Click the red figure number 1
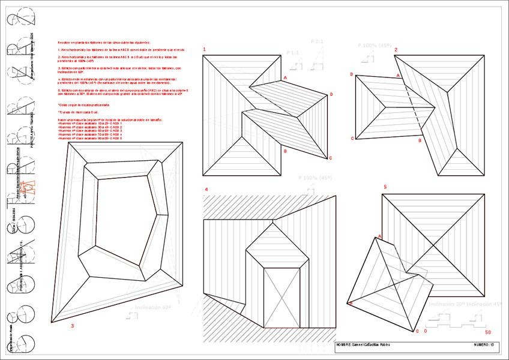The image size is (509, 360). tap(204, 49)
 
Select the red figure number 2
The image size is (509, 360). tap(396, 49)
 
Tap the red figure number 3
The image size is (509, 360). tap(72, 326)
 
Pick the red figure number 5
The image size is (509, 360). tap(385, 187)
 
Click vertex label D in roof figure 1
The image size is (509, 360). tap(331, 95)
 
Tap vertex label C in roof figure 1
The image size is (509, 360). tap(330, 158)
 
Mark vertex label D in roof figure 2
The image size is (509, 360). tap(351, 74)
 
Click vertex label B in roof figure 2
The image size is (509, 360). tap(420, 140)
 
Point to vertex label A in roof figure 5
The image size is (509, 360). tap(378, 237)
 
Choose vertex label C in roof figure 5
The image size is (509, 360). tap(417, 331)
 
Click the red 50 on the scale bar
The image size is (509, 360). tap(488, 331)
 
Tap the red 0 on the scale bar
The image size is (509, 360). tap(426, 331)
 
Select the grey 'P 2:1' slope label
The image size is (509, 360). tap(318, 41)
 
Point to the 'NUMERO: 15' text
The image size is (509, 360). tap(484, 345)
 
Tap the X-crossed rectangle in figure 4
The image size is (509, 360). tap(282, 298)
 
